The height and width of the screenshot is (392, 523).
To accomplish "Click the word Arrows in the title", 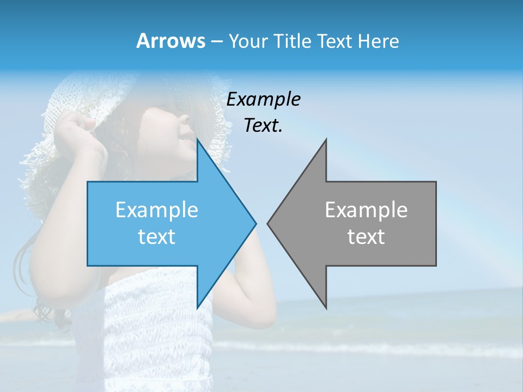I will tap(171, 41).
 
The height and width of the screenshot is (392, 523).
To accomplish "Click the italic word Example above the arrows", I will tap(263, 100).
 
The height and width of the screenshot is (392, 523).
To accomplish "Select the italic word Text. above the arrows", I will tap(263, 126).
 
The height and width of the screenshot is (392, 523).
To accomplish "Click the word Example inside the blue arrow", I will tap(157, 210).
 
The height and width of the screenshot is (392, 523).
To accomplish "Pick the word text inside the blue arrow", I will tap(157, 237).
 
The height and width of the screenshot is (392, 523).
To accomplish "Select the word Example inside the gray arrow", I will tap(366, 210).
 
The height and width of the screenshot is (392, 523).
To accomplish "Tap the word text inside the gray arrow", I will tap(366, 237).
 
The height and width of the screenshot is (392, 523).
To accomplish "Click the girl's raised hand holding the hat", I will tap(79, 133).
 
